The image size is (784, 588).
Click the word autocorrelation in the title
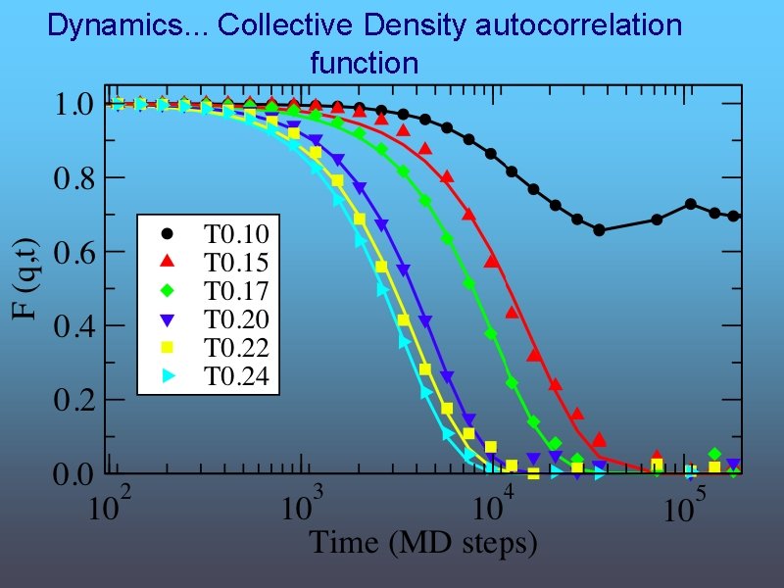click(577, 25)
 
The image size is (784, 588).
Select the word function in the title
click(364, 65)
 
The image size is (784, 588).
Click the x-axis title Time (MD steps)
click(423, 543)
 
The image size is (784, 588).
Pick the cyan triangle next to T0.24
click(168, 375)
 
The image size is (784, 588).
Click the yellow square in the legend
click(168, 347)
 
